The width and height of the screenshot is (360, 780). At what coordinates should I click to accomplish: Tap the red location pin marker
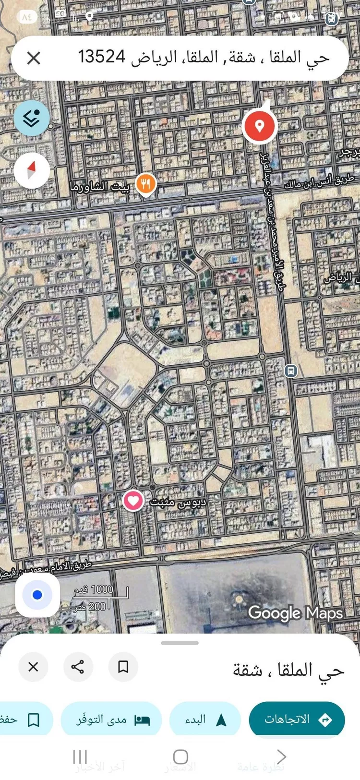pos(259,126)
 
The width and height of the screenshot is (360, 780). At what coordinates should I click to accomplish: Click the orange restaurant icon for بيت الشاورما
pos(146,184)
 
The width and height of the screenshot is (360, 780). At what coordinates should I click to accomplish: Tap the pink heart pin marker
pos(133,501)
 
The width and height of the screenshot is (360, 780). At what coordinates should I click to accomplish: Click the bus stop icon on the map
pos(290,371)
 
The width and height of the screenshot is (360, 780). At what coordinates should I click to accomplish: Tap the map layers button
pos(32,118)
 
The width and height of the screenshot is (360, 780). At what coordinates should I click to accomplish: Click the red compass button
pos(32,170)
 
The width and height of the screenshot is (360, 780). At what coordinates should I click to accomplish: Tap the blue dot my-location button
pos(37,595)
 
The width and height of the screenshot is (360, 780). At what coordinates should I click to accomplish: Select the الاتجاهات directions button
pos(297,719)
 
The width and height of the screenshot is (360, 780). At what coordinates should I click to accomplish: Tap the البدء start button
pos(205,719)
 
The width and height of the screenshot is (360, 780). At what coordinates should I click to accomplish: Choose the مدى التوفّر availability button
pos(111,719)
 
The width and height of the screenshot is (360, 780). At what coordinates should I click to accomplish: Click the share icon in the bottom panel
pos(78,667)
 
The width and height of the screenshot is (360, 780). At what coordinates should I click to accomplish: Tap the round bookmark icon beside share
pos(123,667)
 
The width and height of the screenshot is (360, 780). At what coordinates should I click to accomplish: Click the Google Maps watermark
pos(295,613)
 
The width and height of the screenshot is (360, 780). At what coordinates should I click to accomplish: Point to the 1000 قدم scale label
pos(94,589)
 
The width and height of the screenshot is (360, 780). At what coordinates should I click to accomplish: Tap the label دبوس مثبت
pos(178,502)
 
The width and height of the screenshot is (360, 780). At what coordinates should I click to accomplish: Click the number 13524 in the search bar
pos(102,57)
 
